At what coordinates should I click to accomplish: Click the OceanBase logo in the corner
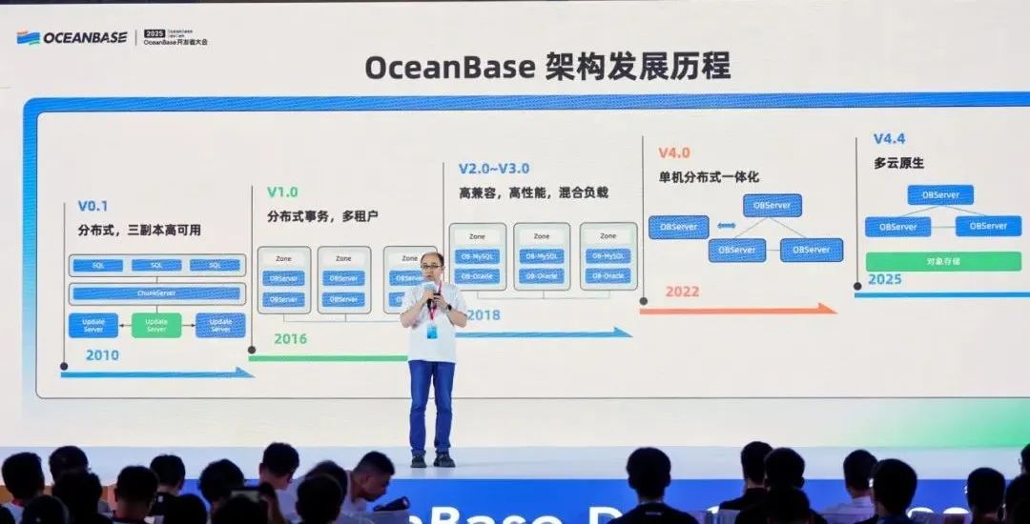pos(72,37)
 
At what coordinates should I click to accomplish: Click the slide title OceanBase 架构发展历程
pos(547,68)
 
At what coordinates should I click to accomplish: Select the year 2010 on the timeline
pos(102,355)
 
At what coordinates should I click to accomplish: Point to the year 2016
pos(290,338)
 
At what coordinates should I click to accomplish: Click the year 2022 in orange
pos(683,291)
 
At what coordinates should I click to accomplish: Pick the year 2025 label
pos(885,279)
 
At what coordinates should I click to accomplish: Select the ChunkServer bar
pos(156,293)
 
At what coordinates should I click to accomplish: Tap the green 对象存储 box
pos(942,261)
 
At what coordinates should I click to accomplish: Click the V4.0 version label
pos(673,152)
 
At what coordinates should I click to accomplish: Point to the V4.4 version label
pos(890,139)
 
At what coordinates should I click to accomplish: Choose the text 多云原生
pos(898,163)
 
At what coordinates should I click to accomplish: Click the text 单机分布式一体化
pos(709,177)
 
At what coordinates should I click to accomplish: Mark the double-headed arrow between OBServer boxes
pos(726,226)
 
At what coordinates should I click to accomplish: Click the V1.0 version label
pos(282,191)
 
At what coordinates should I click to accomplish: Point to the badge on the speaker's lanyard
pos(432,331)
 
